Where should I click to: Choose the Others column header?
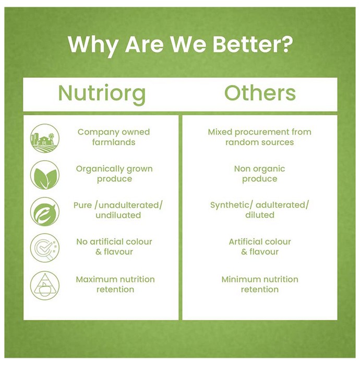(260, 93)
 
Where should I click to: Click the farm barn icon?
(45, 138)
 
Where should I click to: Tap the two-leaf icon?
(45, 175)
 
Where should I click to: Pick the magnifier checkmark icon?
(45, 248)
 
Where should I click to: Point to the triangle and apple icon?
(45, 285)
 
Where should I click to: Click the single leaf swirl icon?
(45, 212)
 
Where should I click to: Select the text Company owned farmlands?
(114, 137)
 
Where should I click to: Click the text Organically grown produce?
(114, 174)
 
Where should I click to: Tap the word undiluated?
(118, 215)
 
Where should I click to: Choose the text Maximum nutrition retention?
(115, 284)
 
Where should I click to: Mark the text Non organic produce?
(260, 174)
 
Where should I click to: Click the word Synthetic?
(230, 205)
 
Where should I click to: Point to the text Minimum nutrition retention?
(260, 284)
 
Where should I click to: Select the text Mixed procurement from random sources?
(260, 137)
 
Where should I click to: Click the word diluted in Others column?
(260, 215)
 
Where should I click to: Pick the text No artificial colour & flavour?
(114, 247)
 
